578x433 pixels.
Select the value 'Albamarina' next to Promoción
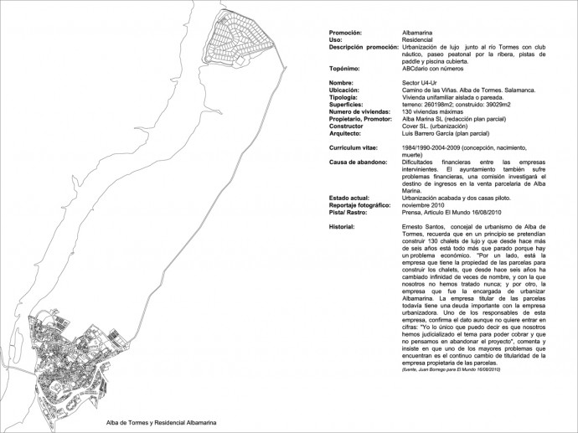click(x=417, y=32)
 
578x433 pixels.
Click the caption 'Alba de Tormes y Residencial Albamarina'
click(x=161, y=423)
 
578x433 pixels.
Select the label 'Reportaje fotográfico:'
click(x=360, y=204)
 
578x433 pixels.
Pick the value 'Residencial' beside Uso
click(x=417, y=39)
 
